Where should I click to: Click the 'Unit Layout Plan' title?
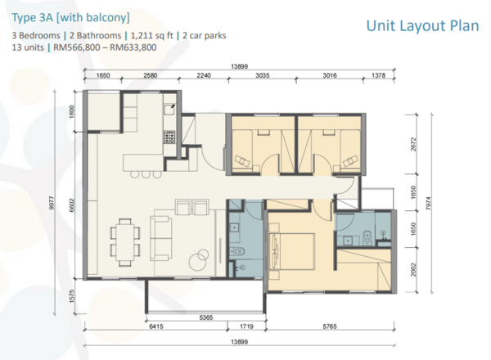tap(422, 26)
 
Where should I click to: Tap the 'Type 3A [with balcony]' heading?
tap(70, 17)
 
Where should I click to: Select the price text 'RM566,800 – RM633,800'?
tap(105, 47)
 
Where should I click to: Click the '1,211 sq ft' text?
tap(152, 36)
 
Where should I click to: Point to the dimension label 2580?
tap(151, 75)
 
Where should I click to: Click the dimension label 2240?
tap(204, 75)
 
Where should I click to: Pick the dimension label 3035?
tap(263, 75)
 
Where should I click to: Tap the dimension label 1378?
tap(379, 75)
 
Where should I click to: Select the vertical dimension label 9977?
tap(52, 203)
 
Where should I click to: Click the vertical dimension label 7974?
tap(429, 204)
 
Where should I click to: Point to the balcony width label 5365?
tap(206, 317)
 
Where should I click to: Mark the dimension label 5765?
tap(330, 326)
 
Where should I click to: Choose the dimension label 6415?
tap(156, 326)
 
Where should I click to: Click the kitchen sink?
tap(169, 110)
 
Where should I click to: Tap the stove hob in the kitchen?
tap(169, 137)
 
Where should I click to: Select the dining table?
tap(125, 241)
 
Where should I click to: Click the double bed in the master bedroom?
tap(292, 251)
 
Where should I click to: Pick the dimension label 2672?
tap(413, 144)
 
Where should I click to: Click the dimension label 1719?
tap(246, 326)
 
